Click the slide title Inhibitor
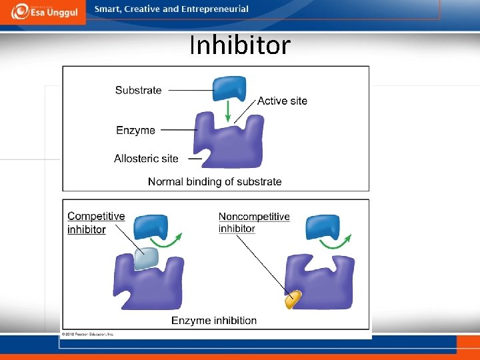click(x=240, y=45)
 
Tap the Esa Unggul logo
click(x=43, y=11)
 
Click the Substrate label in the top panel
click(x=138, y=90)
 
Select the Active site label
click(x=282, y=101)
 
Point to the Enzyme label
click(x=135, y=130)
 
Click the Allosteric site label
click(x=146, y=158)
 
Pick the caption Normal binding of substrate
click(x=215, y=181)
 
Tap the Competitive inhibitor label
click(x=95, y=223)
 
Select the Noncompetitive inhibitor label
click(x=254, y=223)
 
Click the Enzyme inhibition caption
click(x=214, y=321)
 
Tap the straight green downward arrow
click(x=228, y=111)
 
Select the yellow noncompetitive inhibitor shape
click(x=293, y=300)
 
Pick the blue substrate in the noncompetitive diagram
click(x=323, y=227)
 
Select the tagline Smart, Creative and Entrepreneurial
click(x=171, y=9)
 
